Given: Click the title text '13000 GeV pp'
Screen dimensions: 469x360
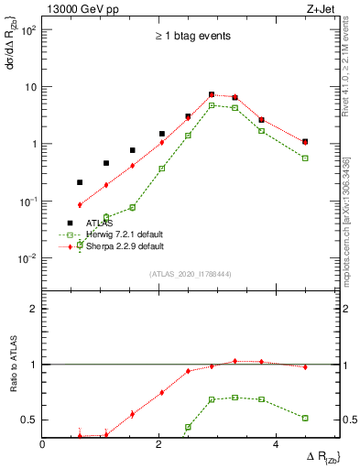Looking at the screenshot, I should [77, 10].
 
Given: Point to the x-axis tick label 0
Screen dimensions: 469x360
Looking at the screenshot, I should [43, 444].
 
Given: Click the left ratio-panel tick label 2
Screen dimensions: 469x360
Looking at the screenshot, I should [34, 309].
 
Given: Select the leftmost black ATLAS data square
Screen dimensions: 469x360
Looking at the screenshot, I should [80, 182].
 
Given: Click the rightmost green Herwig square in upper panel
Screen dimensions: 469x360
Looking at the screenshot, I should [305, 158].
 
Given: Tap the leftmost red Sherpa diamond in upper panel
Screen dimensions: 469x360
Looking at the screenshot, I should [80, 205].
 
